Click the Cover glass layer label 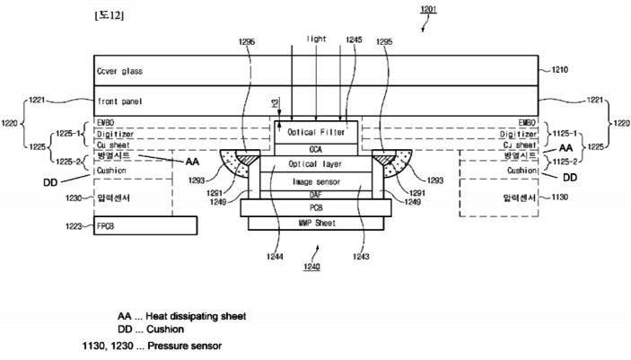pos(119,70)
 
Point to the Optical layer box pos(315,164)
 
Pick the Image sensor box pos(315,181)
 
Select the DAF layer pos(315,195)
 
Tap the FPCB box pos(145,225)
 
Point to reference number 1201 pos(431,8)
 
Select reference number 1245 pos(354,40)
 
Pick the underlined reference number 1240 pos(311,268)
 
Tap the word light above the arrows pos(316,40)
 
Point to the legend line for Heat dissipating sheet pos(181,316)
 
